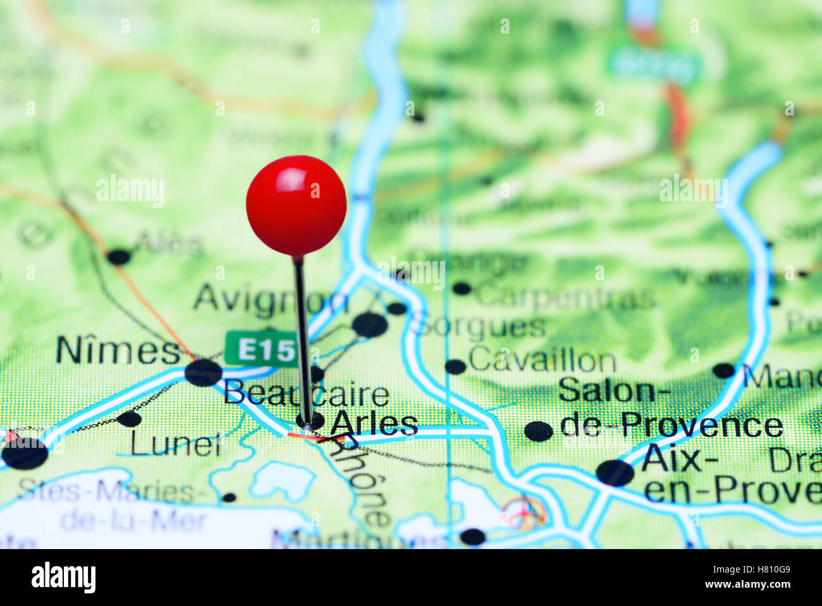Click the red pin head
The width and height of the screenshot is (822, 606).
click(296, 206)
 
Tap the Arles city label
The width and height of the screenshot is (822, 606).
click(374, 424)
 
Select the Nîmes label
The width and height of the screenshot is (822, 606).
click(118, 350)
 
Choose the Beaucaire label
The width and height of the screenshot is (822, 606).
click(306, 394)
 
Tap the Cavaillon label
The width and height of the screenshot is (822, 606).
click(542, 361)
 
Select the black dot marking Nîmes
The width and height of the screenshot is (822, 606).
click(203, 373)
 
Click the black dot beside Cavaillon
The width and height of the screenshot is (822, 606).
click(455, 366)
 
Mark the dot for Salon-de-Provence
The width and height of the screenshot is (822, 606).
click(538, 431)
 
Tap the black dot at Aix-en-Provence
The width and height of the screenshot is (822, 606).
click(615, 473)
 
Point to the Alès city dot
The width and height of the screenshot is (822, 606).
click(118, 257)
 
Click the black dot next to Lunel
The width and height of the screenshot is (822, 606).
click(129, 419)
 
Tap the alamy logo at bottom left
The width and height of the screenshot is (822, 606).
click(63, 577)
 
